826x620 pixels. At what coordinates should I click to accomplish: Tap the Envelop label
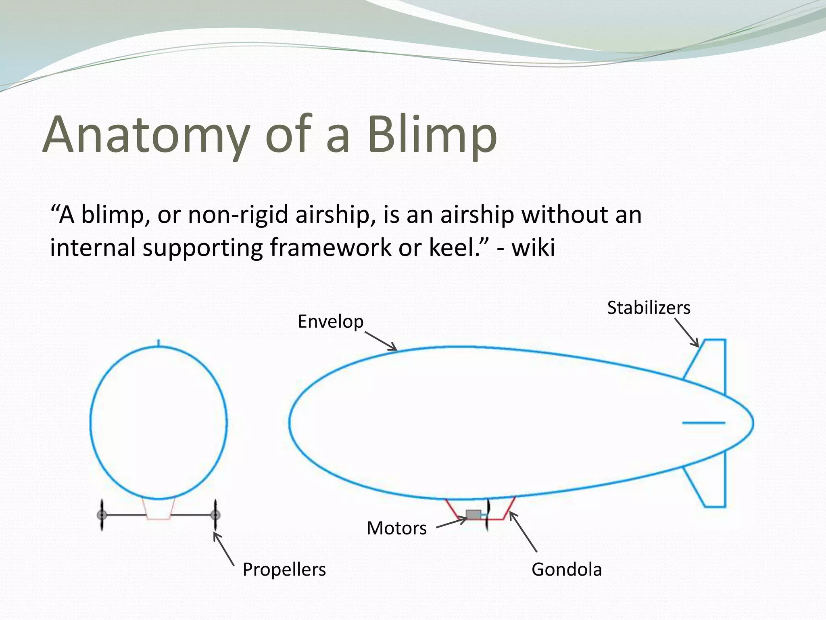click(x=330, y=322)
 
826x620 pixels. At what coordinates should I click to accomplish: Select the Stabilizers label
click(x=649, y=308)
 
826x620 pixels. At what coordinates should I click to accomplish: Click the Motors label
click(x=396, y=528)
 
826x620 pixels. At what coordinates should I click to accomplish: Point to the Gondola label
click(x=566, y=570)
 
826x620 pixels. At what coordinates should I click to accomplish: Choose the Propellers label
click(x=284, y=570)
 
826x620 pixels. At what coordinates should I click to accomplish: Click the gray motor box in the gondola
click(x=473, y=514)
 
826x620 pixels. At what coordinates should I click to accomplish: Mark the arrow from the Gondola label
click(x=523, y=532)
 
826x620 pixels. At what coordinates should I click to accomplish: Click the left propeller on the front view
click(x=102, y=515)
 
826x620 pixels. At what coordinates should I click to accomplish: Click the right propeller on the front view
click(x=216, y=515)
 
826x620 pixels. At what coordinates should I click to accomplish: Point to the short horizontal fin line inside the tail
click(x=703, y=423)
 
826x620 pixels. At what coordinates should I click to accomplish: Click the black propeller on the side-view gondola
click(x=488, y=515)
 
